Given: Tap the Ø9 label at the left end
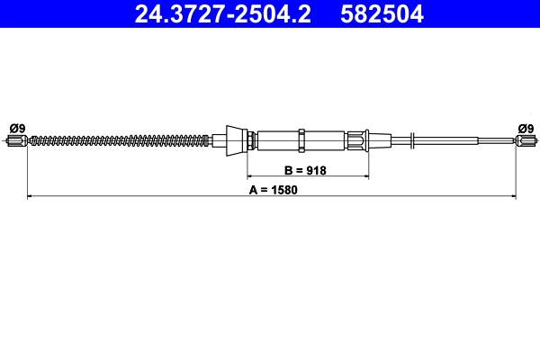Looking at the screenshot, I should coord(15,127).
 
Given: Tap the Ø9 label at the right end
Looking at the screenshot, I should coord(524,127).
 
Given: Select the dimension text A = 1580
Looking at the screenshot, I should coord(272,188).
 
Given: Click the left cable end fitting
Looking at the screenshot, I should coord(17,139).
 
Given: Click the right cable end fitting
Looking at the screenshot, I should coord(525,139).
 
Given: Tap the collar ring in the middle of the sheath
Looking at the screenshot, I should coord(303,139).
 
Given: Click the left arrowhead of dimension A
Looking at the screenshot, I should coord(31,194).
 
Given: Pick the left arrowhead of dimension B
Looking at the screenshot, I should coord(252,175).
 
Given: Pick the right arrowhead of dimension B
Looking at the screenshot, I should coord(365,175).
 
